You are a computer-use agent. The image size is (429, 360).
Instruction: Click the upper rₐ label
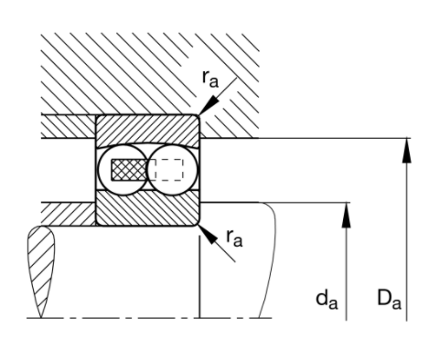(210, 79)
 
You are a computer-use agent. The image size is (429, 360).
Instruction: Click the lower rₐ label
(234, 238)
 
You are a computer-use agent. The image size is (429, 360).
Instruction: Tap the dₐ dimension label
(327, 300)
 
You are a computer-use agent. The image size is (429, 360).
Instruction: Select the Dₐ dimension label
(389, 300)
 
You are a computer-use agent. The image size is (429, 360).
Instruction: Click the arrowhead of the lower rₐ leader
(208, 235)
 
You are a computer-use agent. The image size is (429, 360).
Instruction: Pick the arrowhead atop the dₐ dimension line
(346, 215)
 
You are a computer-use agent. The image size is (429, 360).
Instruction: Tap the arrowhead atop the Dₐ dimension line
(406, 151)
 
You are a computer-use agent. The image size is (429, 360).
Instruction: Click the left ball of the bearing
(123, 170)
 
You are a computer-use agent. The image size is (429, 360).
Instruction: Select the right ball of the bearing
(173, 170)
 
